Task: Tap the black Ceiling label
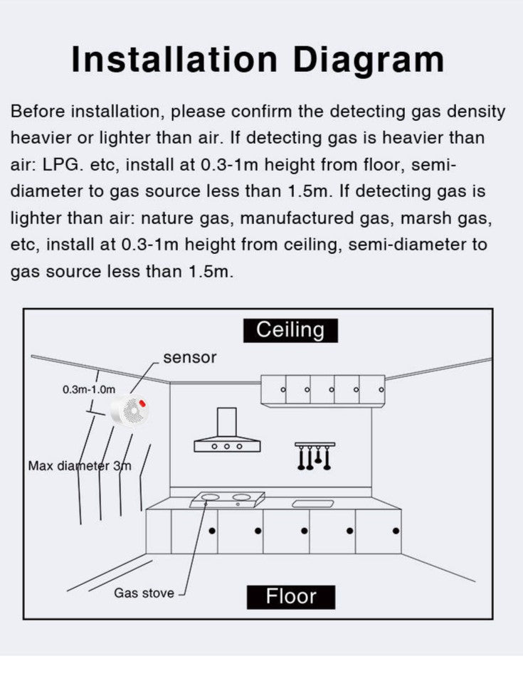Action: pos(290,330)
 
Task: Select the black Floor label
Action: pos(290,596)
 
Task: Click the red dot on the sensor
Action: pos(142,403)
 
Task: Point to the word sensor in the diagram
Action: pos(189,357)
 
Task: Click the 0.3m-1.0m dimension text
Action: pos(88,389)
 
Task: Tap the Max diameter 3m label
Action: pos(80,467)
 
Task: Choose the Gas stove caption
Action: pos(144,593)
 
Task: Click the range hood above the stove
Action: pos(227,434)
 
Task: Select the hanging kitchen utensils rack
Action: pos(315,455)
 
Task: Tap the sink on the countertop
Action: pos(313,503)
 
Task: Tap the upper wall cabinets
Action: pos(323,389)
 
